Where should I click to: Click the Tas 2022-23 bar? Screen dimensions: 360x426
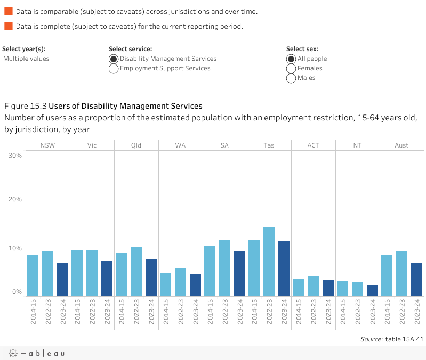click(269, 261)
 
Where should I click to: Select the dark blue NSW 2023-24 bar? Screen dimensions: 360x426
click(63, 280)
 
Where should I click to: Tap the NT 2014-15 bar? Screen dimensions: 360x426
click(342, 289)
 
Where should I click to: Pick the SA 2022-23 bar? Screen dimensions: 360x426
click(224, 268)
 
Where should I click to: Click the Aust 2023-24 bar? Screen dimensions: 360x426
click(416, 279)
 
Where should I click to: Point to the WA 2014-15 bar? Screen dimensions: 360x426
click(166, 284)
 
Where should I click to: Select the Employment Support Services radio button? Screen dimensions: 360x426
click(114, 69)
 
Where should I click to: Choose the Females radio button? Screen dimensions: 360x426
click(291, 69)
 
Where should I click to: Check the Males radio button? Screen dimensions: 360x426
click(291, 78)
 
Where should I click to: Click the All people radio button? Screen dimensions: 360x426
click(291, 59)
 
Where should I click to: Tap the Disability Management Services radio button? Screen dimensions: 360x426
click(114, 59)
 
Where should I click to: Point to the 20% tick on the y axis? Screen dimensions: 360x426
click(15, 199)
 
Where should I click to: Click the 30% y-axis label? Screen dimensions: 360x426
click(15, 156)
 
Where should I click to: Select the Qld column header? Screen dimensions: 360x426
click(136, 145)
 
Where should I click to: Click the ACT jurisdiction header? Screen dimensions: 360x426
click(313, 145)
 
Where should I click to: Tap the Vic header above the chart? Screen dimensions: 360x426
click(92, 145)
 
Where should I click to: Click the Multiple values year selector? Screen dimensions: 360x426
click(26, 59)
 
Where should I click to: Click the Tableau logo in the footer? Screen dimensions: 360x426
click(37, 353)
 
